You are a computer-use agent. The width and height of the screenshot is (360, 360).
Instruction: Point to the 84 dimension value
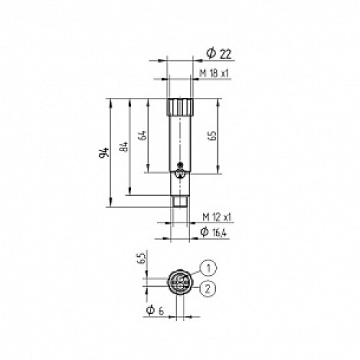coord(124,147)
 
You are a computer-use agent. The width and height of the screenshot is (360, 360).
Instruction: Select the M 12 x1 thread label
coord(216,217)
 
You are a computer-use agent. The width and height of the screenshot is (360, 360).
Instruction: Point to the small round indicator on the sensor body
coord(179,169)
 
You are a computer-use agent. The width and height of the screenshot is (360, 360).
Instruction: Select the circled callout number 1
coord(208,269)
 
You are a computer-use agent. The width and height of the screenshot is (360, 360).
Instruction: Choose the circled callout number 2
coord(208,289)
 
